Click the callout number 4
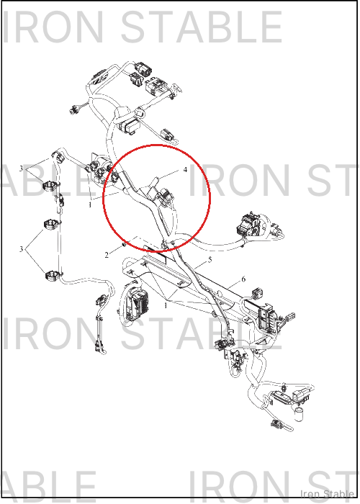pyautogui.click(x=185, y=169)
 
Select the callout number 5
pyautogui.click(x=210, y=259)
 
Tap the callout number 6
pyautogui.click(x=243, y=279)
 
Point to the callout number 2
pyautogui.click(x=107, y=255)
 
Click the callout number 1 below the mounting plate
pyautogui.click(x=166, y=305)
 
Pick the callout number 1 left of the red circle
pyautogui.click(x=90, y=204)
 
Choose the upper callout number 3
pyautogui.click(x=21, y=168)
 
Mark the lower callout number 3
pyautogui.click(x=21, y=249)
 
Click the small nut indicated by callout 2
pyautogui.click(x=123, y=246)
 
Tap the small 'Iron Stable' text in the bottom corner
pyautogui.click(x=327, y=494)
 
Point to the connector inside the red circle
pyautogui.click(x=164, y=196)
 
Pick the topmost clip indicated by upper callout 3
pyautogui.click(x=58, y=158)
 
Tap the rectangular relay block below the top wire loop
pyautogui.click(x=129, y=126)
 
